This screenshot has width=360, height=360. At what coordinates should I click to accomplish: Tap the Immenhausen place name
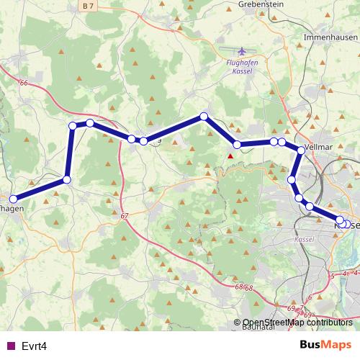pyautogui.click(x=330, y=35)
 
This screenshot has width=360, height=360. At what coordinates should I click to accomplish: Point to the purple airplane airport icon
pyautogui.click(x=240, y=52)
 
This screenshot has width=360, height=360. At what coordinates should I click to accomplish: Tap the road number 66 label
pyautogui.click(x=24, y=83)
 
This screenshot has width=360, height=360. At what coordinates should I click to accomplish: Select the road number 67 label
pyautogui.click(x=125, y=215)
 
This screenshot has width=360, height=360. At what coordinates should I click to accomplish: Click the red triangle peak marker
pyautogui.click(x=230, y=156)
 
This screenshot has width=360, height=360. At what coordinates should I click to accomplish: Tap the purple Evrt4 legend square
pyautogui.click(x=9, y=346)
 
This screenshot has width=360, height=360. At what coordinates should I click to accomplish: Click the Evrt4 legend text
pyautogui.click(x=34, y=346)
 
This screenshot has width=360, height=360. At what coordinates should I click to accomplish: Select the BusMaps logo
pyautogui.click(x=325, y=345)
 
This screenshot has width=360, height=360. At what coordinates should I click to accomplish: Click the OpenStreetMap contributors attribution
pyautogui.click(x=295, y=322)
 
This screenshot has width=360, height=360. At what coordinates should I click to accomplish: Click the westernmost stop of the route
pyautogui.click(x=13, y=199)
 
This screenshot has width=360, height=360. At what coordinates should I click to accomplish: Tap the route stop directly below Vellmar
pyautogui.click(x=301, y=150)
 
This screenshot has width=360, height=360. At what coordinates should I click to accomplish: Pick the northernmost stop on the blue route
pyautogui.click(x=204, y=116)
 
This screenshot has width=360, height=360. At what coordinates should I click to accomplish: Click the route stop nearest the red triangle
pyautogui.click(x=238, y=145)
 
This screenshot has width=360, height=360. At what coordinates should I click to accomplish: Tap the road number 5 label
pyautogui.click(x=333, y=275)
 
